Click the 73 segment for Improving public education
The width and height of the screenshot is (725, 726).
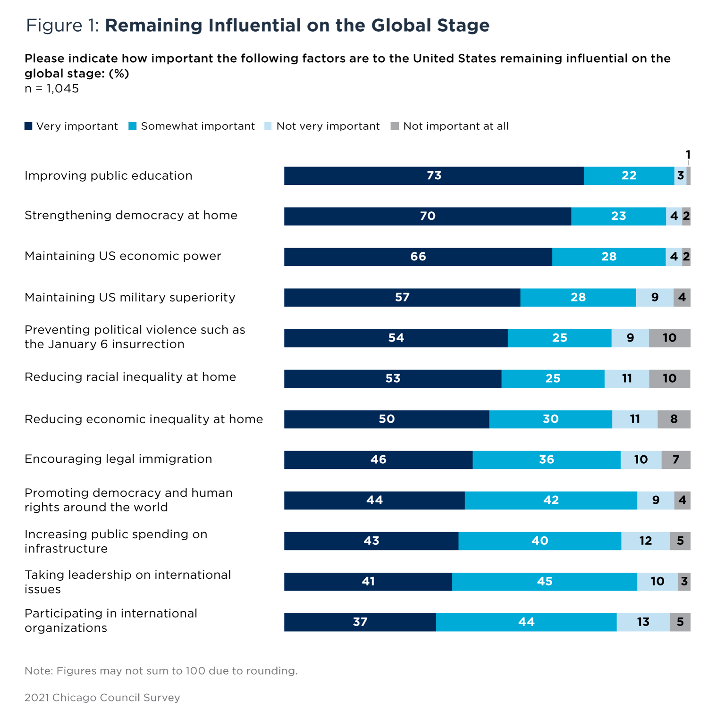point(434,175)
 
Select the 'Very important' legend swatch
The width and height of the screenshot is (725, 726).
point(28,126)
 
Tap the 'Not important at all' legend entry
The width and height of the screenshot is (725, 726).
point(450,126)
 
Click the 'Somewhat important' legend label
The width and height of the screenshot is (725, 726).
point(197,126)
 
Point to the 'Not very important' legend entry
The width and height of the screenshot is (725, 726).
point(322,126)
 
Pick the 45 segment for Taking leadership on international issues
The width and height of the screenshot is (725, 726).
point(544,581)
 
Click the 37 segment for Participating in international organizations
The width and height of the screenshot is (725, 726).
point(360,622)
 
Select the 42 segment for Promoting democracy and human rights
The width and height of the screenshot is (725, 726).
point(551,500)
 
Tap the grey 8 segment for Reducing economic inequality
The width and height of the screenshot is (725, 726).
point(674,419)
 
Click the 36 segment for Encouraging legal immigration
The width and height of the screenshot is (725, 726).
point(546,459)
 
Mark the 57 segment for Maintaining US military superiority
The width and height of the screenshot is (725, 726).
point(402,297)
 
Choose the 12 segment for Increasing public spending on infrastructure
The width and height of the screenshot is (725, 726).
point(645,541)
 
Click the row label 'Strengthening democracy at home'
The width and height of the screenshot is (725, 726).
point(131,216)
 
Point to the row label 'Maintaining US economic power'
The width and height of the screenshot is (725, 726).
point(123,256)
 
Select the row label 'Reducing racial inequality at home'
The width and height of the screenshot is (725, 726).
point(130,377)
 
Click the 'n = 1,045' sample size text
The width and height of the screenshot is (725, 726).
point(52,89)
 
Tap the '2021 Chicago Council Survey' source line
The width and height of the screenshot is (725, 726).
point(102,697)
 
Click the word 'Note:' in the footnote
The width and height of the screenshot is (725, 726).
point(39,671)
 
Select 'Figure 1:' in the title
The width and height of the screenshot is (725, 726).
point(62,25)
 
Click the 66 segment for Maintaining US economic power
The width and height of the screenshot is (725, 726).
point(418,257)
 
